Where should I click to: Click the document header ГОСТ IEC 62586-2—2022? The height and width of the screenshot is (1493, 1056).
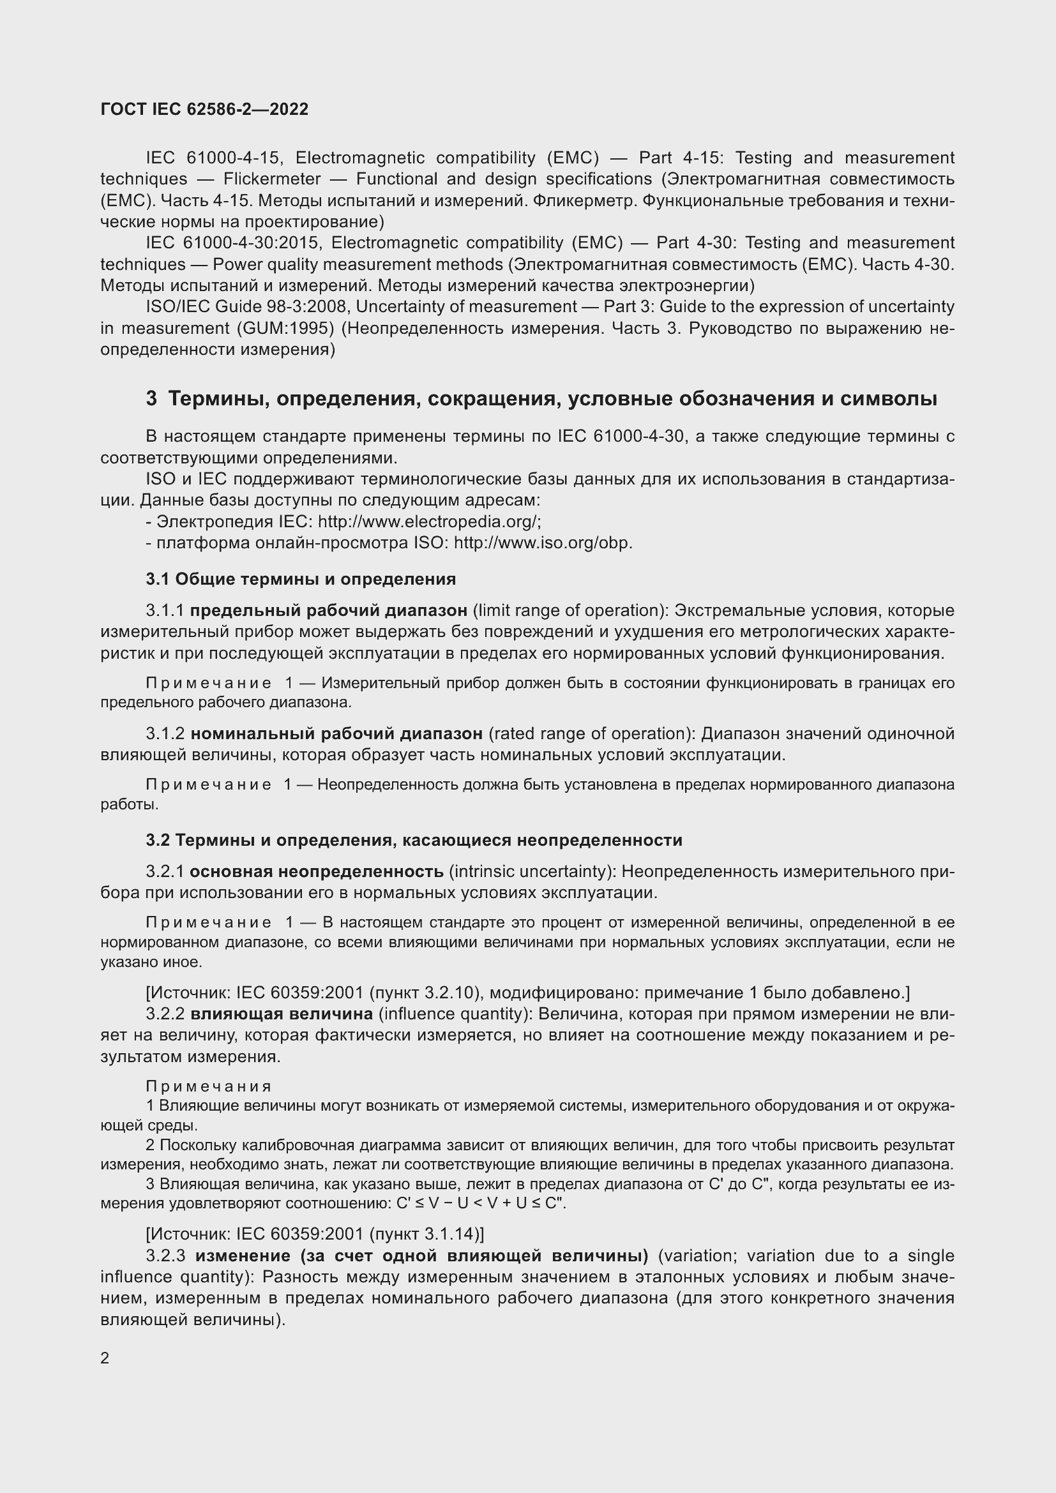(204, 109)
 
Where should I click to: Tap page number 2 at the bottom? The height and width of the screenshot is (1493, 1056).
(105, 1358)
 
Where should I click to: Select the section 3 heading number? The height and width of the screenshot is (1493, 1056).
(151, 398)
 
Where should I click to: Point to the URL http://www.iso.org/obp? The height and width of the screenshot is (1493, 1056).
(542, 543)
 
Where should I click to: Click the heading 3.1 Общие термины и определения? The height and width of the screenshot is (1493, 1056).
(301, 579)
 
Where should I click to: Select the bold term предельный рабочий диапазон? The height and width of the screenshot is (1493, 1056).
(329, 610)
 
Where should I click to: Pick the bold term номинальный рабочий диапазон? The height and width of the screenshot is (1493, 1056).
(337, 733)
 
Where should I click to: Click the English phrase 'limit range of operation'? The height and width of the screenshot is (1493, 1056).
(567, 610)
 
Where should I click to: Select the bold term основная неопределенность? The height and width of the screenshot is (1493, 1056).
(317, 871)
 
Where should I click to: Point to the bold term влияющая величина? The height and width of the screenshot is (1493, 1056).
(282, 1013)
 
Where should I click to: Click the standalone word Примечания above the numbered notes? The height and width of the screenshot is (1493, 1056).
(209, 1086)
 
